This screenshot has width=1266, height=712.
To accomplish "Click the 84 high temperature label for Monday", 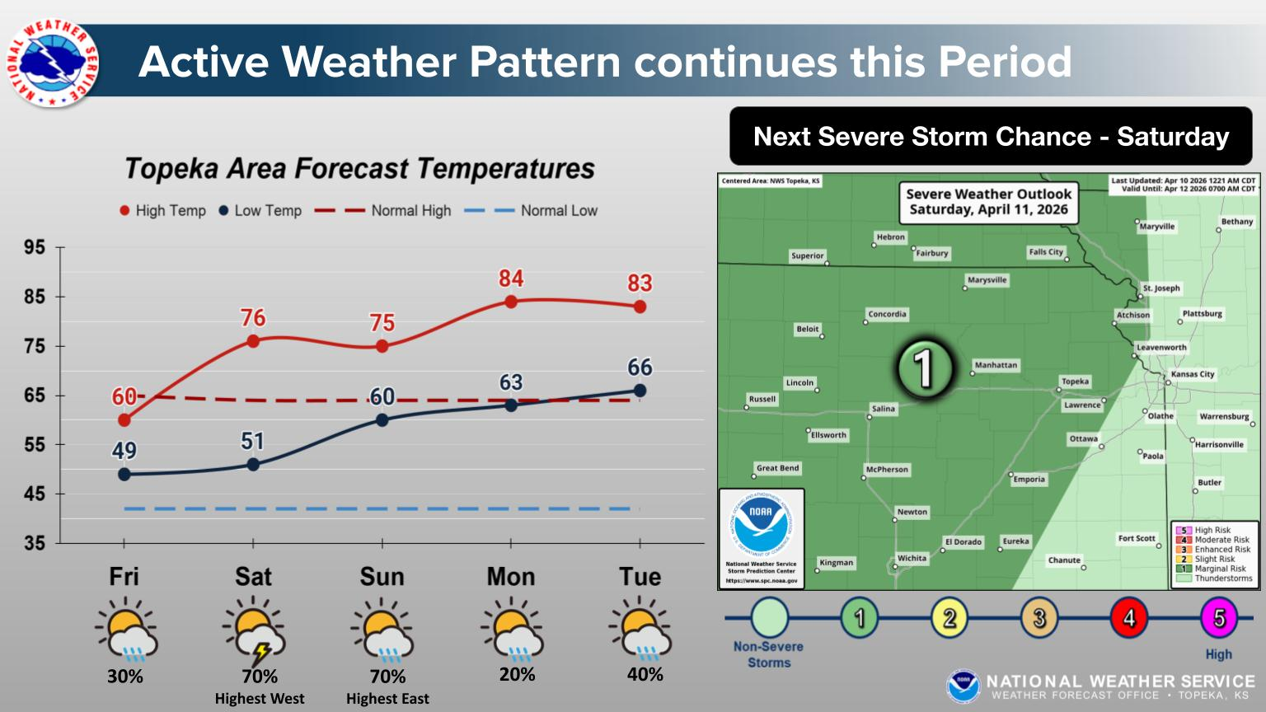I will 511,279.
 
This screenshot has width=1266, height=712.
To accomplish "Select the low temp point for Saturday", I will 253,465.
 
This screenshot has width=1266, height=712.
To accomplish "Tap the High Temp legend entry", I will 162,211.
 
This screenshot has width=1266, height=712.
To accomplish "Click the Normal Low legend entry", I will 531,211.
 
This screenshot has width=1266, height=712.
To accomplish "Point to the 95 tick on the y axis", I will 34,247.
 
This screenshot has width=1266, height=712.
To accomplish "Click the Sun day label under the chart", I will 382,577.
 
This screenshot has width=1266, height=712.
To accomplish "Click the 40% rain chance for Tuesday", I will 645,674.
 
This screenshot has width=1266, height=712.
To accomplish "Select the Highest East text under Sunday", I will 387,699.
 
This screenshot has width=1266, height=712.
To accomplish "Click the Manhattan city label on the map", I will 996,365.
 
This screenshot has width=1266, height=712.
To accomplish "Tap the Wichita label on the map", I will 912,558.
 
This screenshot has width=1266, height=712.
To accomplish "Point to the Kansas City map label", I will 1193,374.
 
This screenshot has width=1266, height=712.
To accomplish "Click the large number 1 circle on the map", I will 925,368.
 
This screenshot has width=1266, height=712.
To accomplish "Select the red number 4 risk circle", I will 1129,617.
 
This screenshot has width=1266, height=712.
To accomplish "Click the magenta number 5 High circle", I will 1219,617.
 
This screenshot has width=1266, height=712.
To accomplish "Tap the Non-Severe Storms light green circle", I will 769,617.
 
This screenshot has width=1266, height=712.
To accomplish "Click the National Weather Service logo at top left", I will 53,63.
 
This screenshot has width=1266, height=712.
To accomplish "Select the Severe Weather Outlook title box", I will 988,202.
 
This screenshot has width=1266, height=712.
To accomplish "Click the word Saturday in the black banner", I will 1173,137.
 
